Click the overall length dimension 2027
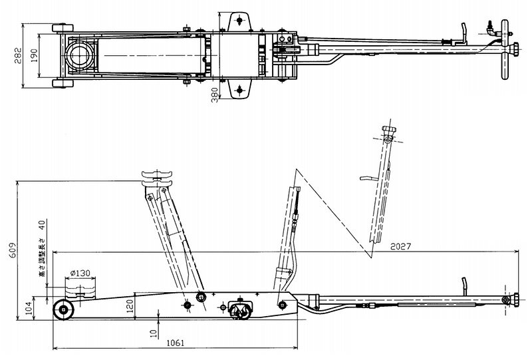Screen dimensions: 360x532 [402, 246]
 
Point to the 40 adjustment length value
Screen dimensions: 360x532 [41, 225]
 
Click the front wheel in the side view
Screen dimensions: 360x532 [65, 309]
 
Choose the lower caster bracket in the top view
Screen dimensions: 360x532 [238, 90]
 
